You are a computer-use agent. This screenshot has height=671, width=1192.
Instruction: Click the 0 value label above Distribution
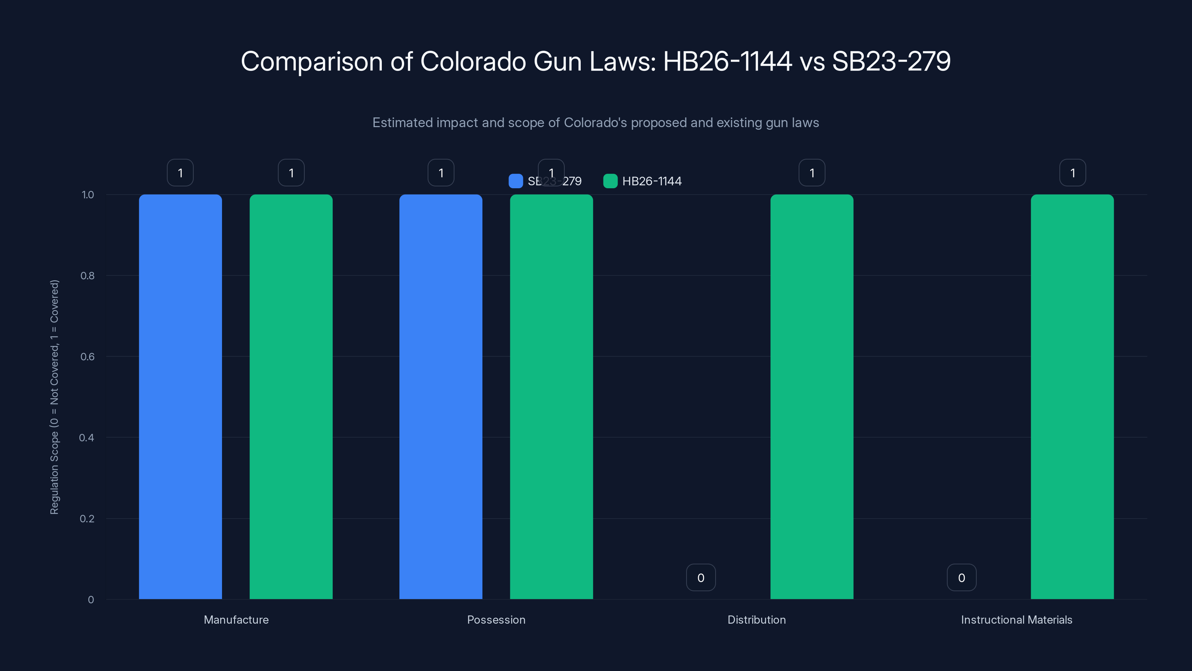(x=701, y=577)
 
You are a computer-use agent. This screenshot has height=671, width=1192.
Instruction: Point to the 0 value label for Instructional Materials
(x=961, y=577)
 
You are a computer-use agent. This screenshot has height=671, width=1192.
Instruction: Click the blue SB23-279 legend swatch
(x=516, y=181)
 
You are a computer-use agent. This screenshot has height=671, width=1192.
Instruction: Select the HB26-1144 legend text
(x=652, y=181)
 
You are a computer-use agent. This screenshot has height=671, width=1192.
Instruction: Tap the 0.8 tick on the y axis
(x=87, y=275)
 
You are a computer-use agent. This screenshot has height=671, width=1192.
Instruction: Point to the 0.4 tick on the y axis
(x=86, y=438)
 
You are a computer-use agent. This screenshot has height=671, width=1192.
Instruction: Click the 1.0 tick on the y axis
(x=88, y=195)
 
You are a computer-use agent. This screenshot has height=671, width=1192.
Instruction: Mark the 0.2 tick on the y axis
(x=86, y=519)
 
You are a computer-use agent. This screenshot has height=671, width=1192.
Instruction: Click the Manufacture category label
(x=236, y=620)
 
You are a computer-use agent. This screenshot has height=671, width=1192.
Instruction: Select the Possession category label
(x=496, y=620)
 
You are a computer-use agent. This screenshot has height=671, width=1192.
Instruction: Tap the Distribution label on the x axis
(x=757, y=620)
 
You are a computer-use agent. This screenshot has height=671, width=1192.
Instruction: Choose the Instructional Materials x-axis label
(x=1017, y=620)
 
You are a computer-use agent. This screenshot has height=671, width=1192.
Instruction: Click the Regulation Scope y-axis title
(x=54, y=397)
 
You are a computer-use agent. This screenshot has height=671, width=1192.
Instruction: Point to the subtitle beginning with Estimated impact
(x=596, y=122)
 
